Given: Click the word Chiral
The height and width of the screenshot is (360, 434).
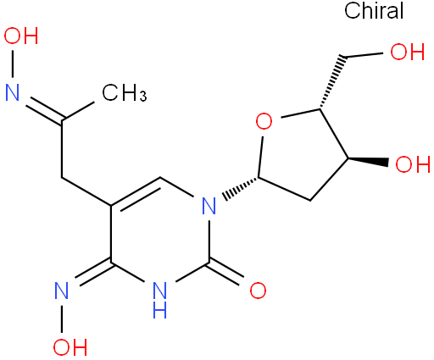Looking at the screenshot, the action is click(374, 10).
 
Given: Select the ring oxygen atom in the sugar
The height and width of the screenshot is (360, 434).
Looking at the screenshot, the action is click(264, 121).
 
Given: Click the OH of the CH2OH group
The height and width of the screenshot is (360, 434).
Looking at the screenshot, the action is click(408, 52).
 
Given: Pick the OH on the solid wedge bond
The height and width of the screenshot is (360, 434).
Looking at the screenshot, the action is click(413, 163).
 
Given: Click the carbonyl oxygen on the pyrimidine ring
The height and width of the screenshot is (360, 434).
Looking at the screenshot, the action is click(258, 291).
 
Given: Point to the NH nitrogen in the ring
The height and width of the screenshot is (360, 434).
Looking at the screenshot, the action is click(159, 300).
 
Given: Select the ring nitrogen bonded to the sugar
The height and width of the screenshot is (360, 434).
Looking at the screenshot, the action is click(209, 206).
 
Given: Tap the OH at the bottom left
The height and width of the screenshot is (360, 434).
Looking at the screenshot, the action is click(70, 346).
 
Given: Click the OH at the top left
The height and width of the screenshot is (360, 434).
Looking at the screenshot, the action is click(21, 36).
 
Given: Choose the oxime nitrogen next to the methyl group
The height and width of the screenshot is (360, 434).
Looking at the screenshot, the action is click(13, 92).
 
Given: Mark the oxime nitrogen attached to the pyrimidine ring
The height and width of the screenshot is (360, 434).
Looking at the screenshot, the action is click(62, 291).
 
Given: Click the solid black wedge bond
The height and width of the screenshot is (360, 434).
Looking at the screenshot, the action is click(368, 161).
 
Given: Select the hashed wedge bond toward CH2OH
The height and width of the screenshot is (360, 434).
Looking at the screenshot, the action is click(332, 82).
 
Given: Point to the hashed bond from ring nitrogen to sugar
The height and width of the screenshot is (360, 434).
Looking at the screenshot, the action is click(240, 188).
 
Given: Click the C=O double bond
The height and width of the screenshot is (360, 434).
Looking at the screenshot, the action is click(226, 274).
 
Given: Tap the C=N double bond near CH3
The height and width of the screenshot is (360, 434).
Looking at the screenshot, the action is click(44, 110).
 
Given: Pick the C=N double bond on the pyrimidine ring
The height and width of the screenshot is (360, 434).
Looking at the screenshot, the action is click(92, 273).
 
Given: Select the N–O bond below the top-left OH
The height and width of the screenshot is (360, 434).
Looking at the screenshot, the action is click(13, 64).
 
